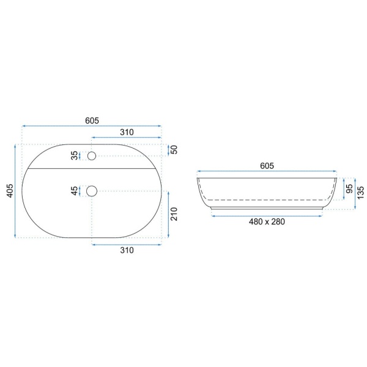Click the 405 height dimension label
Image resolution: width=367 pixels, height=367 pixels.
tap(10, 190)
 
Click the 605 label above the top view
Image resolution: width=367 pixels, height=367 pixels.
tap(92, 120)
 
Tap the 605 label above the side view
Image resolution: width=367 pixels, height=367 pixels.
tap(267, 166)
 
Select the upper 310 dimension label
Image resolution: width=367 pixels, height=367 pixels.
tap(127, 133)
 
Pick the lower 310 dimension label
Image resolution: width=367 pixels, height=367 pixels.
tap(127, 250)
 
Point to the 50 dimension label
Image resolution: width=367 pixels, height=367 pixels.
tap(174, 150)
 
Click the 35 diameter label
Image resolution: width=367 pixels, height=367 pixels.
tap(75, 155)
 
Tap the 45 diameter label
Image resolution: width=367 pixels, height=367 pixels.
tap(75, 191)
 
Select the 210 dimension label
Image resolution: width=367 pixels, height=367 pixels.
tap(174, 214)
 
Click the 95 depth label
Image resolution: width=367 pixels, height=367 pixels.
tap(349, 188)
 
